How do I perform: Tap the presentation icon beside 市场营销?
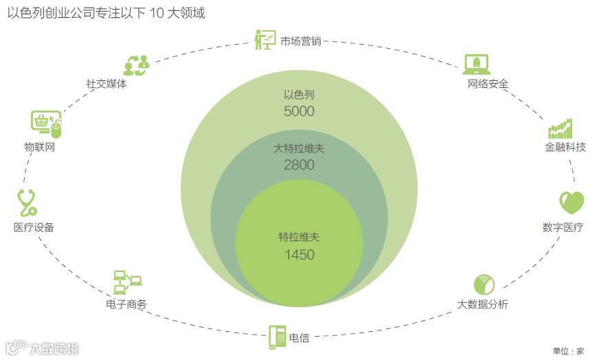265,40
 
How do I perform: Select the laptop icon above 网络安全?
477,64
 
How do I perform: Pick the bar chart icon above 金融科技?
560,128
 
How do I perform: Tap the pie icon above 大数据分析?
484,284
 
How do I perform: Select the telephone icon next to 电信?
277,337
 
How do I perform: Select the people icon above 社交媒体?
136,65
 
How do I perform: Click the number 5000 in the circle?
299,111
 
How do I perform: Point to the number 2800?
299,165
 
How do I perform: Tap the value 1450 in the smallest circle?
299,255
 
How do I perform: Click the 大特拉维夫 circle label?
299,148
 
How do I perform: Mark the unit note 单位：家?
569,351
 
